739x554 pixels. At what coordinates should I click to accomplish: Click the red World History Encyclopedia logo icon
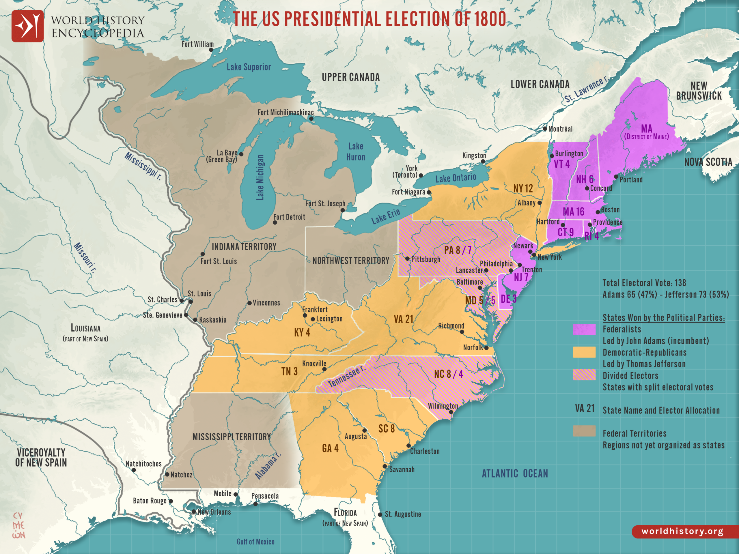(27, 26)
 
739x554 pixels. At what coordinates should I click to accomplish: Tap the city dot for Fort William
(211, 50)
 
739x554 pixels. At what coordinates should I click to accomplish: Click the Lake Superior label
(249, 67)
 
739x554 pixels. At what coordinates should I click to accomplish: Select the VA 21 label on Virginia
(403, 319)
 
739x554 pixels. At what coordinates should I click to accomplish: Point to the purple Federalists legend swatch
(584, 329)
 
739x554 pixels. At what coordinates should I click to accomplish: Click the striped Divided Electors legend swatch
(584, 375)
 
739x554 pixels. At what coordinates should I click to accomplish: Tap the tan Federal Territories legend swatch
(584, 431)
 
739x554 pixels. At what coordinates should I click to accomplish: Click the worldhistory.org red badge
(682, 531)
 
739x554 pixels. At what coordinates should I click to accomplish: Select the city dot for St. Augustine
(380, 514)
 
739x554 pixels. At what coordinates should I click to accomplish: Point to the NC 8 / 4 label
(448, 374)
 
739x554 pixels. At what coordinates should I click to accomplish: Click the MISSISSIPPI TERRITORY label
(232, 437)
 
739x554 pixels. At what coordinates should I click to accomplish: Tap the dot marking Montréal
(545, 129)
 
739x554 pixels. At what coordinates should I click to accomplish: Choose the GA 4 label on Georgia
(330, 448)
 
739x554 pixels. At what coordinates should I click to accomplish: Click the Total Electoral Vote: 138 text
(644, 283)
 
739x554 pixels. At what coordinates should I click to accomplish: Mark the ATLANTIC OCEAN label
(514, 473)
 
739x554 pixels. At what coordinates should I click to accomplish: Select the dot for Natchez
(167, 474)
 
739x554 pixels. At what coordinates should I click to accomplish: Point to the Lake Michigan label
(260, 178)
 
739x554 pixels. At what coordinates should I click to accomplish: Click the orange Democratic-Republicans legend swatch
(584, 352)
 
